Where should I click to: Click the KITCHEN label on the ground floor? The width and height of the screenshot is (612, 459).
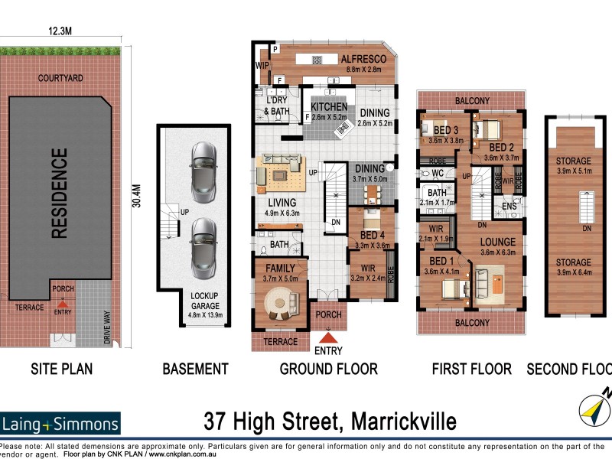[x=329, y=107]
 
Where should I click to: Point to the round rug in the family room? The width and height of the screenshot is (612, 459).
[x=281, y=308]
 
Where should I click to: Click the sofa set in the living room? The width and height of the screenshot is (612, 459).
[x=281, y=170]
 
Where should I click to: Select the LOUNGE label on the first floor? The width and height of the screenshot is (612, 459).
[x=497, y=243]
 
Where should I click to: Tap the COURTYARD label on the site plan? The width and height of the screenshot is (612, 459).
[x=60, y=78]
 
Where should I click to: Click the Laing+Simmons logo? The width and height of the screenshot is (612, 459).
[x=60, y=423]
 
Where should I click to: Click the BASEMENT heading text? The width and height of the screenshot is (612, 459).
[x=195, y=369]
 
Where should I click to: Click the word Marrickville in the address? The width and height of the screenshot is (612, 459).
[x=404, y=421]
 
